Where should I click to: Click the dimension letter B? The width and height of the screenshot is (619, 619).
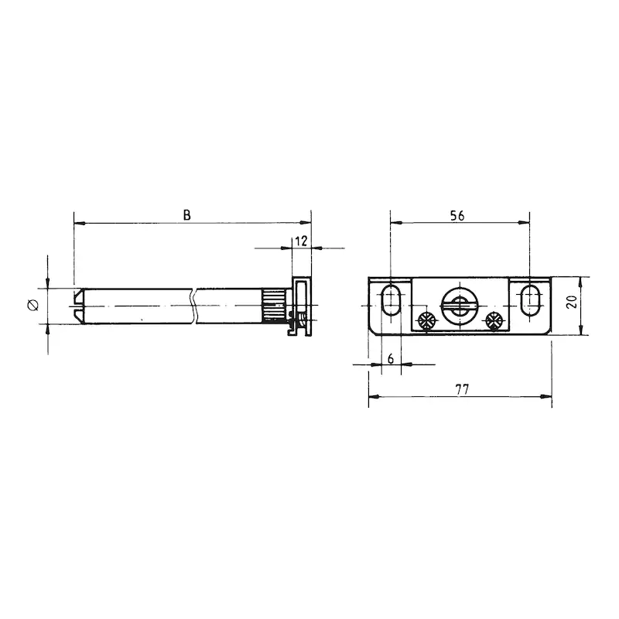pyautogui.click(x=186, y=216)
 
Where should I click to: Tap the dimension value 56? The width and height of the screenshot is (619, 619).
pyautogui.click(x=457, y=217)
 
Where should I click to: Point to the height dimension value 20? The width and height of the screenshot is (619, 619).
pyautogui.click(x=573, y=303)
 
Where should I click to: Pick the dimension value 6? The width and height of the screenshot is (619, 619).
pyautogui.click(x=391, y=358)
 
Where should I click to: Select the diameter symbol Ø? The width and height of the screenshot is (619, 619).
pyautogui.click(x=32, y=305)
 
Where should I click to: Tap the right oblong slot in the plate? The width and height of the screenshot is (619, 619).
pyautogui.click(x=530, y=299)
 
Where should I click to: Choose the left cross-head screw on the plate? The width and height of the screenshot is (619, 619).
pyautogui.click(x=425, y=320)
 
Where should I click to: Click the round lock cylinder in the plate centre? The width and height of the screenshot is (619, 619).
pyautogui.click(x=457, y=303)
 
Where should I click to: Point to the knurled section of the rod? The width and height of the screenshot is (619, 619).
pyautogui.click(x=273, y=304)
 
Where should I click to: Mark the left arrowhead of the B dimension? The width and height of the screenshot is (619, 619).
pyautogui.click(x=77, y=224)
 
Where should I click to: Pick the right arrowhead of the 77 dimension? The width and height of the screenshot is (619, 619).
pyautogui.click(x=548, y=398)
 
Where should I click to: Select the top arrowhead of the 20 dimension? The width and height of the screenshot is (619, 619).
pyautogui.click(x=581, y=279)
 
